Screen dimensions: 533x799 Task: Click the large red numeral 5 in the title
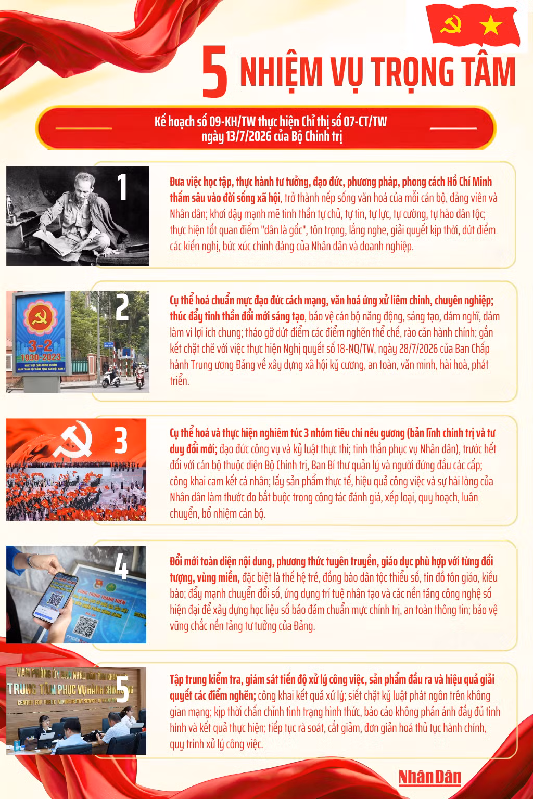(x=214, y=71)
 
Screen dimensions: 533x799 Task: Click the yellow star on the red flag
(x=490, y=25)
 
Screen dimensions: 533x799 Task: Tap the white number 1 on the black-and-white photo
(x=122, y=187)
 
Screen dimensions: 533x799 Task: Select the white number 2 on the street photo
(x=122, y=307)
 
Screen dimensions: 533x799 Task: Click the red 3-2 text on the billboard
(x=41, y=345)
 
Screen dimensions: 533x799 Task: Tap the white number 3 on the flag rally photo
(x=121, y=441)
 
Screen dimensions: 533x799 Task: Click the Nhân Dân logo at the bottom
(x=430, y=777)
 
